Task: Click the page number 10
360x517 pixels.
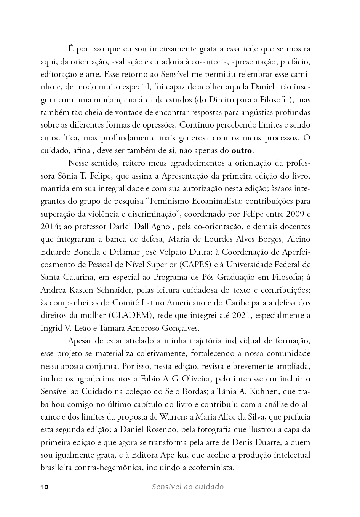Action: point(44,487)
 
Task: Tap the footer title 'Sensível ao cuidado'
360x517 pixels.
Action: point(187,487)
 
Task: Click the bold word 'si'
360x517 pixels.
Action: point(171,150)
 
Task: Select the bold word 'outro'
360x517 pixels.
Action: point(242,150)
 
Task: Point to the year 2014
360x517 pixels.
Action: point(49,227)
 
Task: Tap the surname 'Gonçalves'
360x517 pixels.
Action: point(181,328)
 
